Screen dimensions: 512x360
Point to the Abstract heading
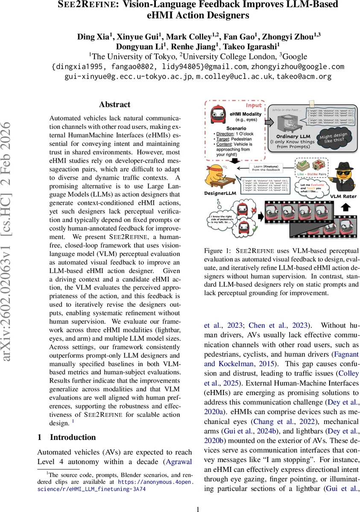point(114,105)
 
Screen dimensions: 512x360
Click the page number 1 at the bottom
point(197,509)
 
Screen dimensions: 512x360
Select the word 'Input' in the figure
point(254,105)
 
